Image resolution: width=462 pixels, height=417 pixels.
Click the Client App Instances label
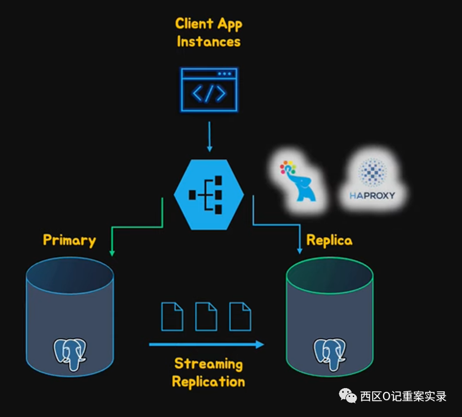[x=208, y=32]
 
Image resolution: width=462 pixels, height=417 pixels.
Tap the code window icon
[x=209, y=89]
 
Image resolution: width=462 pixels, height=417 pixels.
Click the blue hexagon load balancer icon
[x=209, y=194]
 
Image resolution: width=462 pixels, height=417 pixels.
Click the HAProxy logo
[x=372, y=179]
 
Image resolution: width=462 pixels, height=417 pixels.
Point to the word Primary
[x=69, y=240]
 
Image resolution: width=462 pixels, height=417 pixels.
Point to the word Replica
[x=329, y=240]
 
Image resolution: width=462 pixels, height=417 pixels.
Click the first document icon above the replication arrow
[x=172, y=316]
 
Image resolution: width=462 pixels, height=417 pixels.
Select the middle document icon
[x=206, y=316]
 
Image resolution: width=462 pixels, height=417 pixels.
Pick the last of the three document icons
[x=240, y=316]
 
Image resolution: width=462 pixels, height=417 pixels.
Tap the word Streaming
[x=208, y=363]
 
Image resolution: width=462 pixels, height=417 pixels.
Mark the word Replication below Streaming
[x=208, y=382]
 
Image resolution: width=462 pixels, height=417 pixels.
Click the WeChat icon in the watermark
[x=348, y=396]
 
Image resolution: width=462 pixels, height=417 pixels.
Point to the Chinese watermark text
[x=403, y=396]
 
